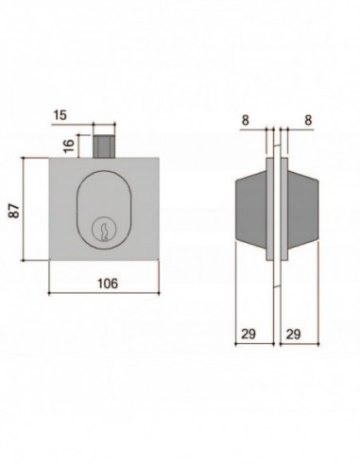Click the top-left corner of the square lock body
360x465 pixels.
[47, 158]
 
